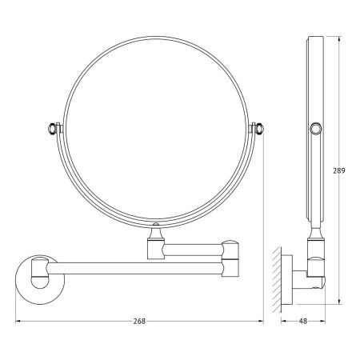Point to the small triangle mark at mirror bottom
tap(154, 222)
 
